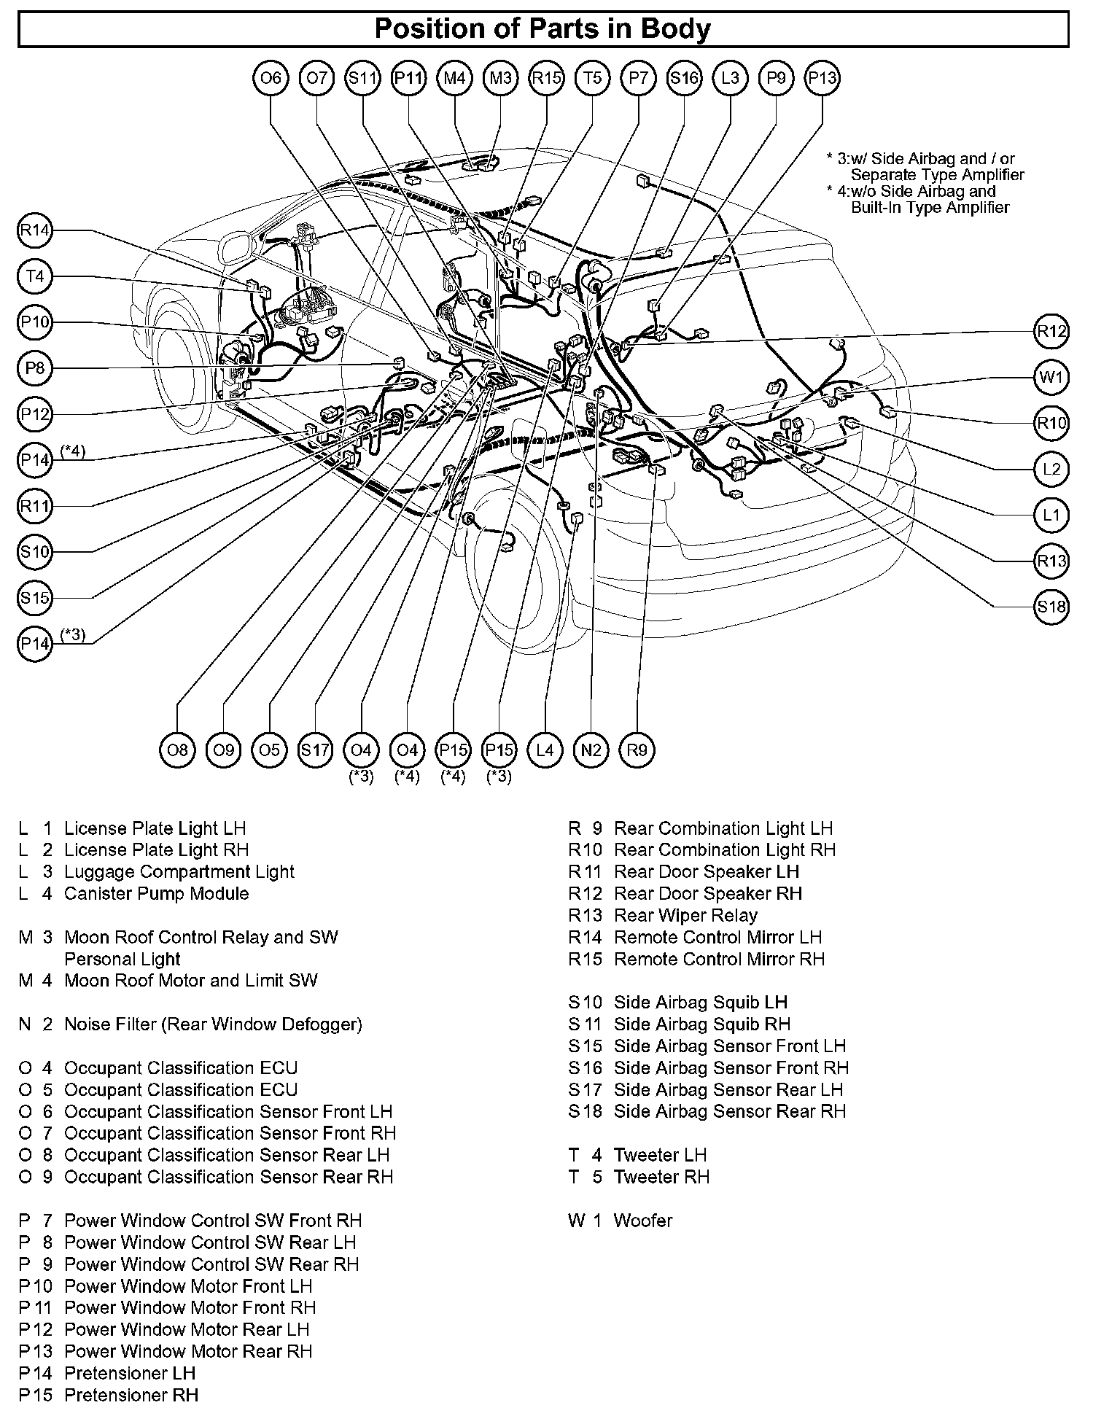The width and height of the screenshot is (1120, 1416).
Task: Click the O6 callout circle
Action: pyautogui.click(x=271, y=77)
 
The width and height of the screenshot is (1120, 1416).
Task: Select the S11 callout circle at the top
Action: pyautogui.click(x=362, y=77)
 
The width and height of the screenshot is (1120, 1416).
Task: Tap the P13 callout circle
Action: pyautogui.click(x=822, y=77)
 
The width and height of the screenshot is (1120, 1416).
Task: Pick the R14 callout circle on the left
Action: pyautogui.click(x=34, y=231)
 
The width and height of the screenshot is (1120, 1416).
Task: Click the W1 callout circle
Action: pyautogui.click(x=1051, y=378)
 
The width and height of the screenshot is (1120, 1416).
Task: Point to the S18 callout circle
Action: pyautogui.click(x=1051, y=607)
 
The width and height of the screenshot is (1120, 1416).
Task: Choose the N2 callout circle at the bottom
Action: pyautogui.click(x=591, y=750)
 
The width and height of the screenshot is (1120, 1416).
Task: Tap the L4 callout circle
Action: pyautogui.click(x=545, y=750)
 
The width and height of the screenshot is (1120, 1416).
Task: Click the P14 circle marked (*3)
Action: pyautogui.click(x=34, y=644)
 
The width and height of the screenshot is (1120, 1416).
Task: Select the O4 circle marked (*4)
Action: pyautogui.click(x=407, y=750)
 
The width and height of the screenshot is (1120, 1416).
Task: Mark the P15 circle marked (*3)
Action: pyautogui.click(x=499, y=750)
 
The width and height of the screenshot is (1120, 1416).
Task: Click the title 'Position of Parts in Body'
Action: pyautogui.click(x=542, y=29)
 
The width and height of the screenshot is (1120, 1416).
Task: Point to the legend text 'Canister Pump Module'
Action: pyautogui.click(x=156, y=893)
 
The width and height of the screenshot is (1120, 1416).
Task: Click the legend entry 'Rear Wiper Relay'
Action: pyautogui.click(x=685, y=915)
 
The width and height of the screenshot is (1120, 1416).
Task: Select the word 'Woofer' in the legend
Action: pyautogui.click(x=643, y=1221)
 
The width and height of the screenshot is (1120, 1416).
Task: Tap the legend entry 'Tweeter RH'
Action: pyautogui.click(x=661, y=1177)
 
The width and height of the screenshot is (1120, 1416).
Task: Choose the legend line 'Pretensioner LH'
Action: pyautogui.click(x=130, y=1373)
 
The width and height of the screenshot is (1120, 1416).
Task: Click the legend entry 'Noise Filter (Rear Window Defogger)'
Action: pyautogui.click(x=213, y=1024)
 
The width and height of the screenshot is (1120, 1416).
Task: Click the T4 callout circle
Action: pyautogui.click(x=34, y=277)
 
